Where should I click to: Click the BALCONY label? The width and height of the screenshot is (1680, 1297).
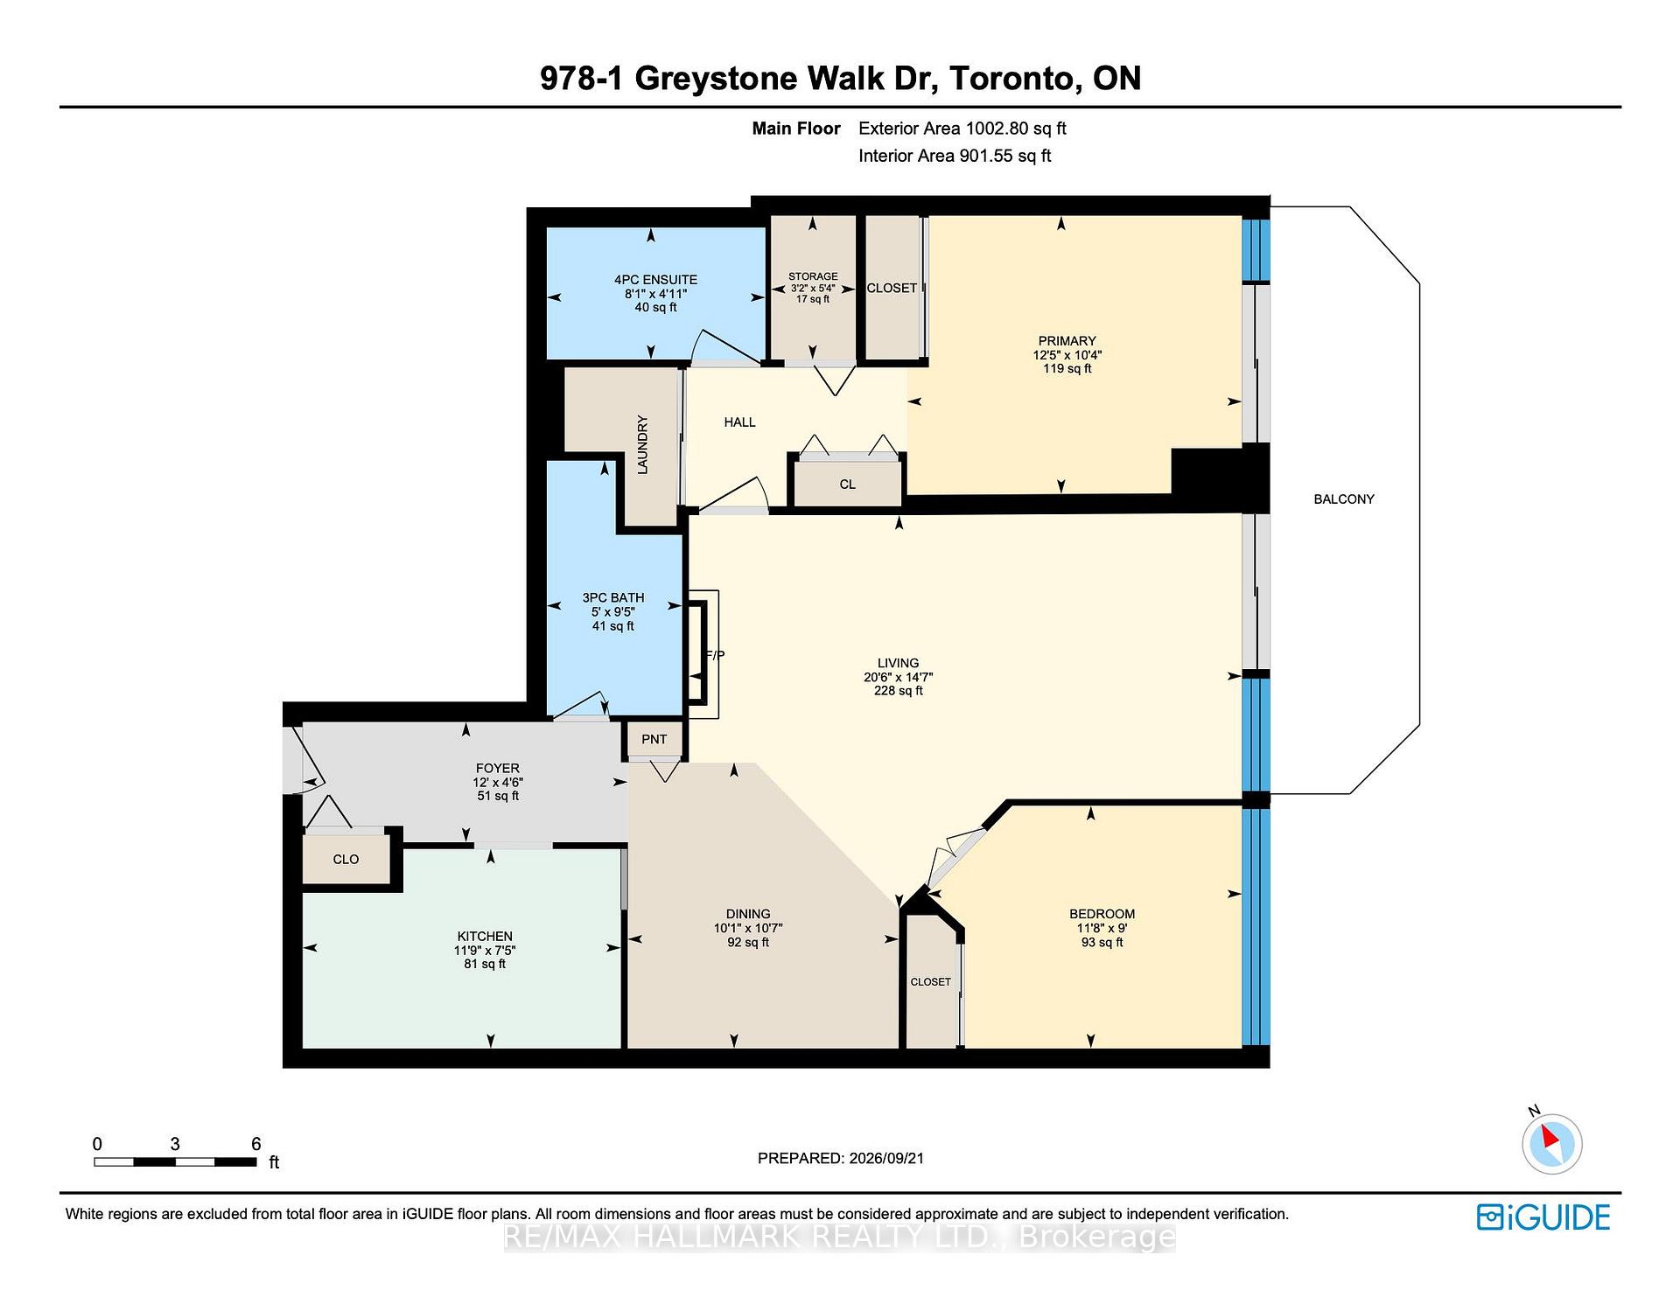[x=1344, y=499]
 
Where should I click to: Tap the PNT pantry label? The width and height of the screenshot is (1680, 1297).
[x=654, y=739]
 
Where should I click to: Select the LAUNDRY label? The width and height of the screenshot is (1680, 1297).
[x=642, y=444]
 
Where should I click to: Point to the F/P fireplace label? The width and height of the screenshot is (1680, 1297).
[x=715, y=655]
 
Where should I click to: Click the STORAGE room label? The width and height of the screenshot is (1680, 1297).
[x=813, y=276]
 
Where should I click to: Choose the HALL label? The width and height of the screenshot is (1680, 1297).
[x=739, y=422]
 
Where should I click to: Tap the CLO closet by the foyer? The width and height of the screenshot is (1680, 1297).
[x=346, y=860]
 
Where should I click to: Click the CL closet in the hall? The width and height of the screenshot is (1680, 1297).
[x=847, y=485]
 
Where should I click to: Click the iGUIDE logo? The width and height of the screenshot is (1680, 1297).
[x=1543, y=1217]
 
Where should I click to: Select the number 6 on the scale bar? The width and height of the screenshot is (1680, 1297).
[x=255, y=1144]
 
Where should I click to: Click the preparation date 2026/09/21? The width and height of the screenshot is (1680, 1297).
[x=886, y=1158]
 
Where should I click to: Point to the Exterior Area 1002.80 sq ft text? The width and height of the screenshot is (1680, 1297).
[x=962, y=129]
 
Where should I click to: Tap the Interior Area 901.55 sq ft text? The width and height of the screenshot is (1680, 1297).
[x=955, y=156]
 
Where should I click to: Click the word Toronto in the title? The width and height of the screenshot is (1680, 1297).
[x=1012, y=78]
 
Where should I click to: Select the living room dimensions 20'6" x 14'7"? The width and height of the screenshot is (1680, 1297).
[x=898, y=677]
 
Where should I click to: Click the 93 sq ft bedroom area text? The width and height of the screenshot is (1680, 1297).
[x=1102, y=942]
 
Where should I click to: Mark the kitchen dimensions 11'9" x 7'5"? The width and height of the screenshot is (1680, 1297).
[x=485, y=950]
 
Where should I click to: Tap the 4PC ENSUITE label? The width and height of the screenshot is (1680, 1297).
[x=655, y=280]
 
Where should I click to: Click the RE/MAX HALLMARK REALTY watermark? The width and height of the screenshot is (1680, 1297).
[x=840, y=1237]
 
